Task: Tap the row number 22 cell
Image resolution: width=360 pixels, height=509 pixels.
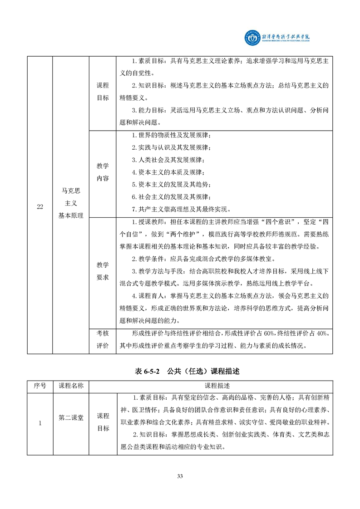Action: tap(40, 207)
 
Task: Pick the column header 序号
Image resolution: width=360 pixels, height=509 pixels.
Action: tap(40, 386)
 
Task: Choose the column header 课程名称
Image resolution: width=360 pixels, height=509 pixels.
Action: tap(71, 386)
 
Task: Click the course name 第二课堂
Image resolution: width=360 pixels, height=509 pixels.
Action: tap(71, 418)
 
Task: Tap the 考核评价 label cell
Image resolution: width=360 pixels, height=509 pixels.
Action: tap(103, 340)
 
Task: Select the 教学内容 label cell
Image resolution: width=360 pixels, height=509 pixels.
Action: tap(103, 172)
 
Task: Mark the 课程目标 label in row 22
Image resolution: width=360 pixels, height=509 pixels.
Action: tap(103, 91)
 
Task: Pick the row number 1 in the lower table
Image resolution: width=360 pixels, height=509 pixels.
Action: tap(40, 424)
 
